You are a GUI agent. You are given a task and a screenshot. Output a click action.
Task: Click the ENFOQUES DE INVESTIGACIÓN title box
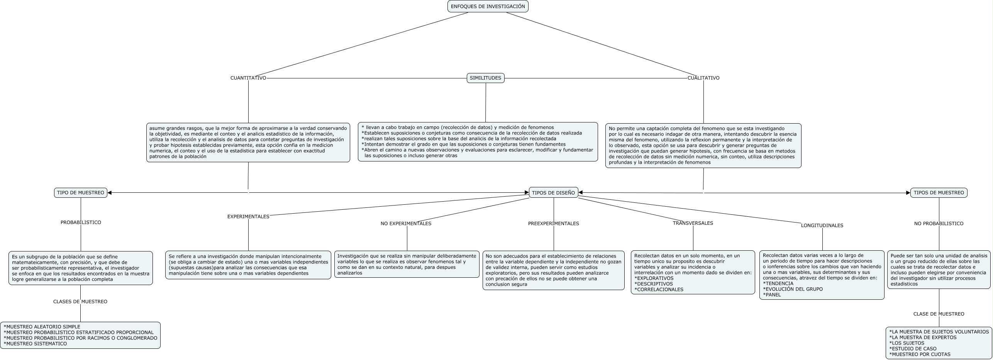pyautogui.click(x=488, y=7)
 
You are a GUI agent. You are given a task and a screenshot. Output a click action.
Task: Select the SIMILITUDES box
pyautogui.click(x=485, y=78)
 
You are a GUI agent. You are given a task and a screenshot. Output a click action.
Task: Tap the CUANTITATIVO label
pyautogui.click(x=248, y=78)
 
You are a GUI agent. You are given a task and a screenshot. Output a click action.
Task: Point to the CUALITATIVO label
pyautogui.click(x=703, y=78)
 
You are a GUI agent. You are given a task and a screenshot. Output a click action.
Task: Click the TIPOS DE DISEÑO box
pyautogui.click(x=553, y=193)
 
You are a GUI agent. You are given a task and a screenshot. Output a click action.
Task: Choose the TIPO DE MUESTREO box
pyautogui.click(x=80, y=193)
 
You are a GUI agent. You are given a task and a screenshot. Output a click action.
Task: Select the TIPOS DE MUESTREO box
pyautogui.click(x=939, y=193)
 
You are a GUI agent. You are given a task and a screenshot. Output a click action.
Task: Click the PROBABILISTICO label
pyautogui.click(x=81, y=222)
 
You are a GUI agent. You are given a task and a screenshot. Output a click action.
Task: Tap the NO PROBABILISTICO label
pyautogui.click(x=939, y=224)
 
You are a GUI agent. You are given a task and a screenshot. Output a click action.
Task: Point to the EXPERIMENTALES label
pyautogui.click(x=248, y=217)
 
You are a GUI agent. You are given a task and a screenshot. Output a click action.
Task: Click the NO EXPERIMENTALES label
pyautogui.click(x=406, y=224)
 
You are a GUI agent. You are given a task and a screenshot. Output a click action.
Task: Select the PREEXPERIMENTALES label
pyautogui.click(x=553, y=224)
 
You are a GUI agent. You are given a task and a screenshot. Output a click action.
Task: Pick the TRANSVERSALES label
pyautogui.click(x=693, y=223)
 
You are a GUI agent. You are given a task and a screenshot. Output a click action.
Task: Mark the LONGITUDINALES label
pyautogui.click(x=822, y=226)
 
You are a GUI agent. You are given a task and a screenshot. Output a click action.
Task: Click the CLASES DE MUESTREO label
pyautogui.click(x=80, y=302)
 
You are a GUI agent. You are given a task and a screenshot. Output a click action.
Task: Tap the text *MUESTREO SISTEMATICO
pyautogui.click(x=36, y=344)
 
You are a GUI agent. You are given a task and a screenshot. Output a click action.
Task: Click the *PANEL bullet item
pyautogui.click(x=772, y=295)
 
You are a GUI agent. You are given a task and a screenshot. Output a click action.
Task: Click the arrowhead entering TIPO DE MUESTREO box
pyautogui.click(x=110, y=193)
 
